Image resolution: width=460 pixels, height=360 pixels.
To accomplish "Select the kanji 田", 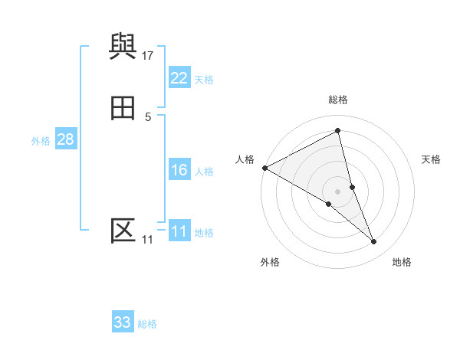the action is [x=123, y=110].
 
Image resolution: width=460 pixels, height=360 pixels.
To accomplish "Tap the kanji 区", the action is [x=123, y=230].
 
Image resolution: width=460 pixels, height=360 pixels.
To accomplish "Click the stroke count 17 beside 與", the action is [x=148, y=55].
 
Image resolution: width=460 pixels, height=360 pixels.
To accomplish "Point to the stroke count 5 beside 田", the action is [x=148, y=116].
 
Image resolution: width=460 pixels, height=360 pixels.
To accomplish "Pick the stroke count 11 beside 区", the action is [x=147, y=240].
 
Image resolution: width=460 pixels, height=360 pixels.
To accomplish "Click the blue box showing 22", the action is [x=179, y=78].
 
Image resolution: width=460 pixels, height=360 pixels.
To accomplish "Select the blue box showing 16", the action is [x=179, y=170].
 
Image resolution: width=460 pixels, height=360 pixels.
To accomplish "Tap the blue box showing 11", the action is [x=179, y=231].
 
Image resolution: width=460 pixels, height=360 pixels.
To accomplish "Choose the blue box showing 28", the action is [x=65, y=139].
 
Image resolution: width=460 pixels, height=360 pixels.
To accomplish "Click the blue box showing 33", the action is [x=123, y=322].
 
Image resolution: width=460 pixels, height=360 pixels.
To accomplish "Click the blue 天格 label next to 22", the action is [x=204, y=80].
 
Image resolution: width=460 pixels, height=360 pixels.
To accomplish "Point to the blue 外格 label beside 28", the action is [x=41, y=141].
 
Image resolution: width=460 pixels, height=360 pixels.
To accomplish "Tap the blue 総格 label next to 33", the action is [x=147, y=324].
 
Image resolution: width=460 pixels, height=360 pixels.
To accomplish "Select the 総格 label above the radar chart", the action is [x=338, y=100].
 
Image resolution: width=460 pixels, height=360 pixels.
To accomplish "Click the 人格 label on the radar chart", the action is [x=245, y=159].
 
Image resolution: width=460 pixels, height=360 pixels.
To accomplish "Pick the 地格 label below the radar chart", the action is [x=402, y=262].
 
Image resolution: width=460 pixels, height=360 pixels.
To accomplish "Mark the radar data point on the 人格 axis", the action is [x=264, y=168].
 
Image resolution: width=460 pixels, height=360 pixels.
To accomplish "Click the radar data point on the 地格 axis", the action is [x=374, y=241].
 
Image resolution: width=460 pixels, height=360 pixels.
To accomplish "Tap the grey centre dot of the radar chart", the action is [x=338, y=191].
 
